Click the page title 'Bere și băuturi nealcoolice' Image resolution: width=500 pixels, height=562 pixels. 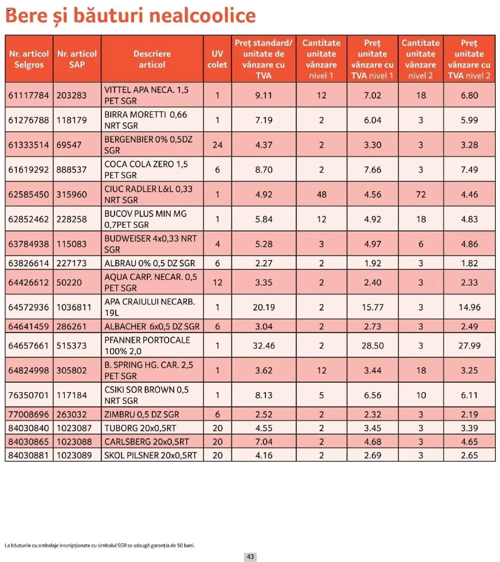click(130, 16)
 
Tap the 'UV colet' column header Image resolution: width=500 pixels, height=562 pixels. click(217, 59)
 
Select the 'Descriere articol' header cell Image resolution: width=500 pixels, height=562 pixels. click(152, 59)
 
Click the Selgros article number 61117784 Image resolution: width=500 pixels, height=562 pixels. click(29, 95)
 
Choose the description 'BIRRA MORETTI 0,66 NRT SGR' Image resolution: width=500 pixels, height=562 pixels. click(145, 120)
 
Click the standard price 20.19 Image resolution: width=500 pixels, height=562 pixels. click(264, 307)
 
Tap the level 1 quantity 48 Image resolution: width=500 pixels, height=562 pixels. click(321, 194)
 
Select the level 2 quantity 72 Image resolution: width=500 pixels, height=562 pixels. click(421, 194)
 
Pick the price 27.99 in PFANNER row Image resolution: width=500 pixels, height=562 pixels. click(469, 346)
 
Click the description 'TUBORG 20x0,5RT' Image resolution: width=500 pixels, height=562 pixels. click(140, 428)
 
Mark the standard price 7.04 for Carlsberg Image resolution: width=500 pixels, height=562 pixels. click(264, 442)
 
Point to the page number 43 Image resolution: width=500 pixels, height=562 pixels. click(250, 557)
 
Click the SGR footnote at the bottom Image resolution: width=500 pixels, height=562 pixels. click(100, 545)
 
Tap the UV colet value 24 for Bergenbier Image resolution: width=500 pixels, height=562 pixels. click(217, 145)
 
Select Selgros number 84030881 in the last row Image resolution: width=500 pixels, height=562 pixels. click(29, 455)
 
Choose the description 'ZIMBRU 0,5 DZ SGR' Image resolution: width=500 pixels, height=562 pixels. click(141, 414)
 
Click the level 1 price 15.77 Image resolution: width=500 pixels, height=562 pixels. click(372, 307)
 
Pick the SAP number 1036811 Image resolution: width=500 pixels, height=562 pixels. click(74, 307)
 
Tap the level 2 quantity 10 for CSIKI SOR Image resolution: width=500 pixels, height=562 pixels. click(421, 395)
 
